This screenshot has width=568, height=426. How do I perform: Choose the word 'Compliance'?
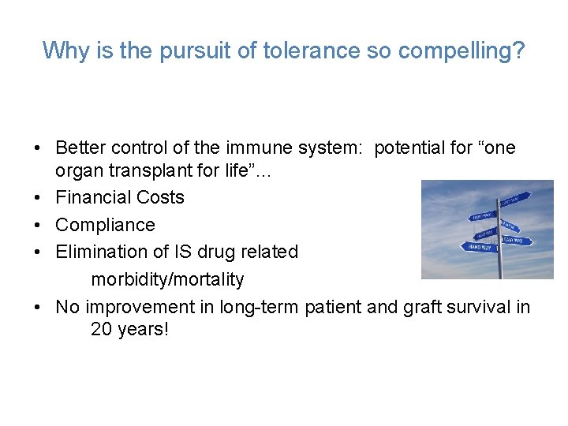point(105,225)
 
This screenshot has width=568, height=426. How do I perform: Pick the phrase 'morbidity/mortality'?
point(167,279)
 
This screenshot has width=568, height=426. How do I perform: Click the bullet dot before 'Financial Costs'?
point(38,198)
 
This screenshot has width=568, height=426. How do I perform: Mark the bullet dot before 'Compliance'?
point(38,226)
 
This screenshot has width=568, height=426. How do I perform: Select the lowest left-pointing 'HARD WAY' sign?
point(479,247)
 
